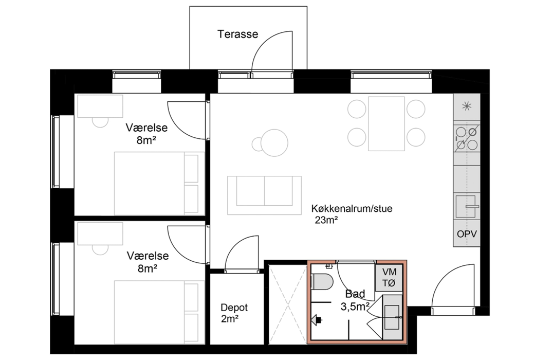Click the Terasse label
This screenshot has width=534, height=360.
[238, 34]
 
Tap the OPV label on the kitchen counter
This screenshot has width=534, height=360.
[467, 234]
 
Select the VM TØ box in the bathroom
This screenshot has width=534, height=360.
[389, 277]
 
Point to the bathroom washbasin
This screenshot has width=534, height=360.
[392, 317]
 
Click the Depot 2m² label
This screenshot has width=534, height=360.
[234, 313]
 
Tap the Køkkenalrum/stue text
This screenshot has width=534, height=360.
[352, 208]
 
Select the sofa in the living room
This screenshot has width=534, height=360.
[264, 195]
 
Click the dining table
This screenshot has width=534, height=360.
[386, 123]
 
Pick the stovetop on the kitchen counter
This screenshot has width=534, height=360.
[467, 138]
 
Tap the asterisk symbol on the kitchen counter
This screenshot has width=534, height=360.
[467, 106]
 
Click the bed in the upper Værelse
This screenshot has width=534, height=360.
[159, 184]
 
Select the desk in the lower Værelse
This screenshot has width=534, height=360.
[100, 234]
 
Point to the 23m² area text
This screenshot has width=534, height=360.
[326, 220]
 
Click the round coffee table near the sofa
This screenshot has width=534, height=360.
[274, 143]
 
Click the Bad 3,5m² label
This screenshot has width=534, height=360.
[355, 300]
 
